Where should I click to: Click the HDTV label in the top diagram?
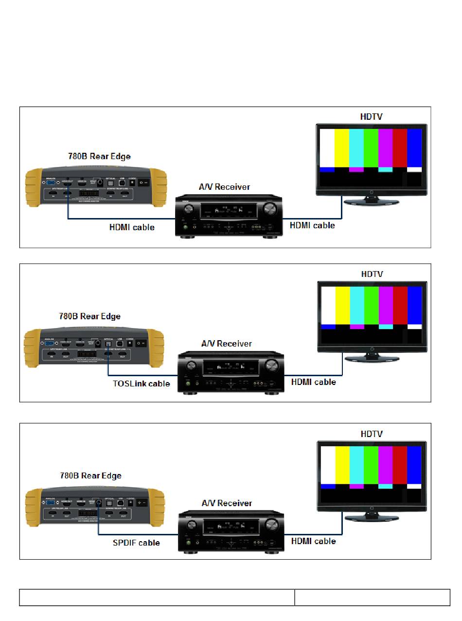(371, 117)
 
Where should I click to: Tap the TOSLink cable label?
(142, 384)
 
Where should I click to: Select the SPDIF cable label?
(136, 543)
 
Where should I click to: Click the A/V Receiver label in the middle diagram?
(227, 344)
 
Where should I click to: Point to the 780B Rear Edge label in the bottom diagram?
(90, 475)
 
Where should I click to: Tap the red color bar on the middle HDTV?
(400, 305)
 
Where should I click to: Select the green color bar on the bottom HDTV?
(371, 465)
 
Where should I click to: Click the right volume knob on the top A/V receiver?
(268, 210)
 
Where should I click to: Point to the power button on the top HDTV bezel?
(372, 192)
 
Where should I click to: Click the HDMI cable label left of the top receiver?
(132, 227)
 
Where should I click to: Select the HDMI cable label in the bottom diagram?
(313, 541)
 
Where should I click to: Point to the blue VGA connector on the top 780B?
(51, 184)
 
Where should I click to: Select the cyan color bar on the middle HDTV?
(356, 305)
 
